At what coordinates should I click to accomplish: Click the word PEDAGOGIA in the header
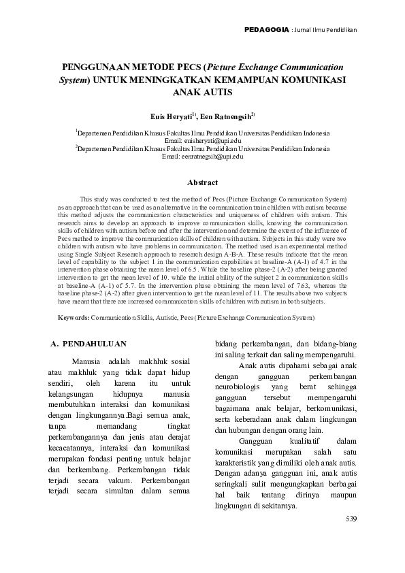click(265, 29)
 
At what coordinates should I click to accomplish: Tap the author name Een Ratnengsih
click(228, 117)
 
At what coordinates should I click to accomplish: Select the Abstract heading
click(202, 182)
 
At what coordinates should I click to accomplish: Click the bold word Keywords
click(73, 317)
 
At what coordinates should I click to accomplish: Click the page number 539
click(351, 519)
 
